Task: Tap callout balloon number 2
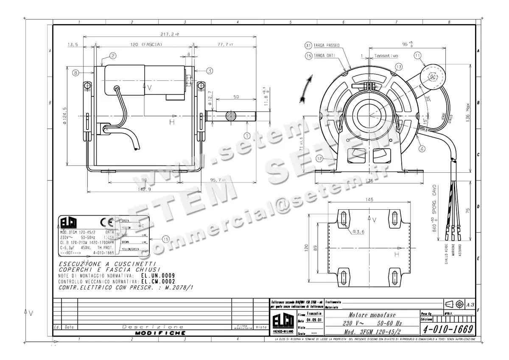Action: pos(113,56)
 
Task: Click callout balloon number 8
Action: pos(75,73)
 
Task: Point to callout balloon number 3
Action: pos(210,70)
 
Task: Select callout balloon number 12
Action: pos(319,158)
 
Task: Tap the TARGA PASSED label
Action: pos(326,45)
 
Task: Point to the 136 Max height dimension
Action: pos(468,112)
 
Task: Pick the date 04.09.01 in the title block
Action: pos(314,321)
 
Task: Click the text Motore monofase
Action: pos(372,315)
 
